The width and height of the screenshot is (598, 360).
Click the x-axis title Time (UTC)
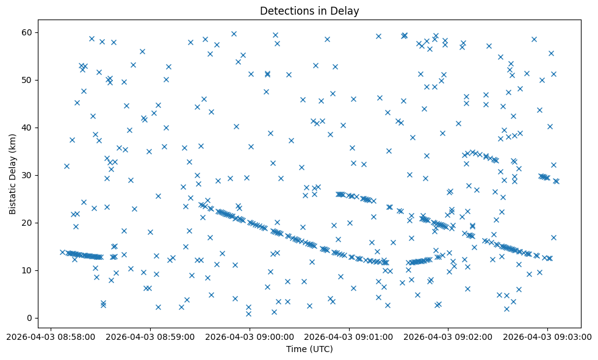point(309,349)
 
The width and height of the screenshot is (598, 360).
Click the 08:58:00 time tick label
point(51,336)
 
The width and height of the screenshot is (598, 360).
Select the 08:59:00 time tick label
point(150,336)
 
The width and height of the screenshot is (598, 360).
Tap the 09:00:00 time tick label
point(250,336)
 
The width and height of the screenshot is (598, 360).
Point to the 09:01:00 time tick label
point(349,336)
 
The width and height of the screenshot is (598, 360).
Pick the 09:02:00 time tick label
point(448,336)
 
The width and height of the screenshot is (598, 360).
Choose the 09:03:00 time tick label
point(548,336)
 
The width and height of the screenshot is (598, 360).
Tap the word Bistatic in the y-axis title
point(13,195)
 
